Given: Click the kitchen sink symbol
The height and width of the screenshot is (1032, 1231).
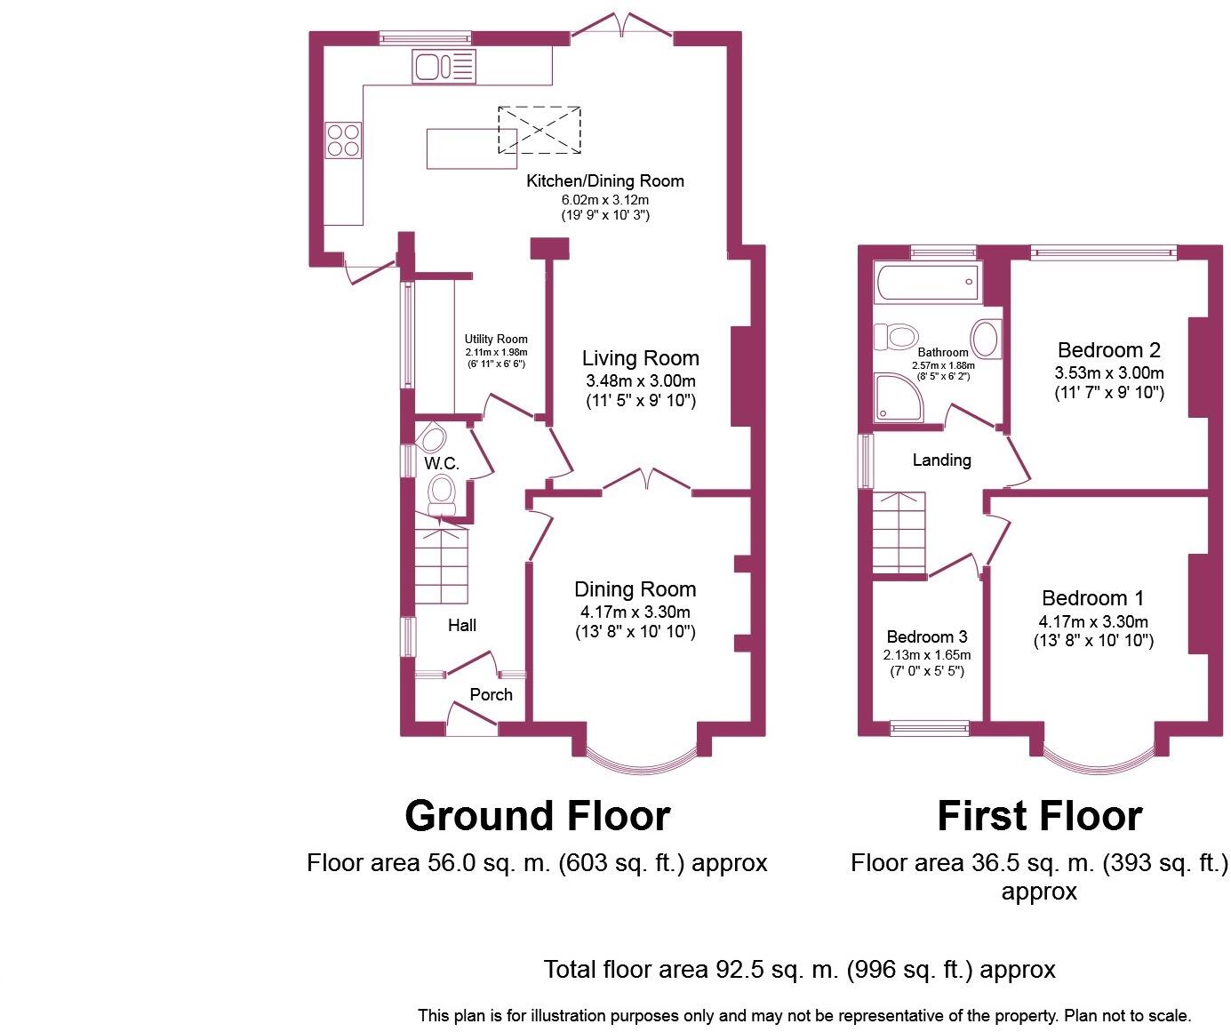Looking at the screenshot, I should click(x=444, y=67).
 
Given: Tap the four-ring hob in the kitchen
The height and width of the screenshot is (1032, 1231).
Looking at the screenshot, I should click(x=344, y=140).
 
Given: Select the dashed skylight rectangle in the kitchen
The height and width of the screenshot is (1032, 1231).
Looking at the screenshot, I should click(x=539, y=129).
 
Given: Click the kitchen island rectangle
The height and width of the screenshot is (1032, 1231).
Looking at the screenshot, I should click(x=471, y=148).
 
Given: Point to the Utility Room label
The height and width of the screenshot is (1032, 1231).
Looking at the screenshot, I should click(x=496, y=339).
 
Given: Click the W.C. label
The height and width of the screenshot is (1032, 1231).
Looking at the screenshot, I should click(x=441, y=463).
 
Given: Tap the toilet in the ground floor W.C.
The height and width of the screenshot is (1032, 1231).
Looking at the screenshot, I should click(x=442, y=493).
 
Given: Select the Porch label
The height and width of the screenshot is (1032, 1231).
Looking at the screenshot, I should click(x=491, y=694).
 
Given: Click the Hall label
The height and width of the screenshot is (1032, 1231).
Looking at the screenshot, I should click(x=461, y=625).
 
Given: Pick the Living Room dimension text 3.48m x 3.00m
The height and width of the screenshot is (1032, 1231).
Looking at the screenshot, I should click(x=640, y=380).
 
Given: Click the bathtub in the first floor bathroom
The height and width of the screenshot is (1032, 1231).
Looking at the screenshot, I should click(x=926, y=283).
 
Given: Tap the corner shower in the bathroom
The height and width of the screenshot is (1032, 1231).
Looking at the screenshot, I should click(x=898, y=396).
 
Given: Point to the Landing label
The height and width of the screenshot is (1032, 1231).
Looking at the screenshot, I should click(x=941, y=460).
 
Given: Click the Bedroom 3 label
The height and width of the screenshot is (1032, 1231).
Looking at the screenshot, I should click(x=927, y=636).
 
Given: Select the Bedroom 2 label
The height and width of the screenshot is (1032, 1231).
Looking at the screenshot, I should click(x=1108, y=349).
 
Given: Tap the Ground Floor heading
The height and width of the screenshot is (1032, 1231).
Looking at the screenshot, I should click(x=537, y=815).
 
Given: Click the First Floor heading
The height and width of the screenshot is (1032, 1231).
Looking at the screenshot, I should click(x=1039, y=815).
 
